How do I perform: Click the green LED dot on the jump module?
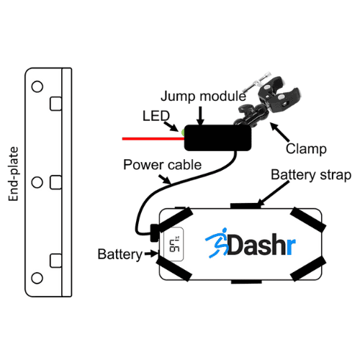183,132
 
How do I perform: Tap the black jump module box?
217,138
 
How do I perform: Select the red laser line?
153,139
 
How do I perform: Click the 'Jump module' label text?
203,96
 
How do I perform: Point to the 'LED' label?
156,116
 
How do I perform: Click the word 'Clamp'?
306,149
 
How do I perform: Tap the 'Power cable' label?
162,165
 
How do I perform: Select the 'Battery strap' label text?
311,175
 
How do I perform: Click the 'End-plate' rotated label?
14,174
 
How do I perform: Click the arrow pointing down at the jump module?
200,116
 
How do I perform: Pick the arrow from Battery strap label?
273,194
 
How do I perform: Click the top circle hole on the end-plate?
37,86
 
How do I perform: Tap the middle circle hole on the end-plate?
37,182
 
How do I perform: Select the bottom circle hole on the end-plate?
37,278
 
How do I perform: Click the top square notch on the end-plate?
55,104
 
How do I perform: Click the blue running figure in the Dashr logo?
217,243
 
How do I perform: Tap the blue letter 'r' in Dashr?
291,246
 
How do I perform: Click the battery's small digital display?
174,244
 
